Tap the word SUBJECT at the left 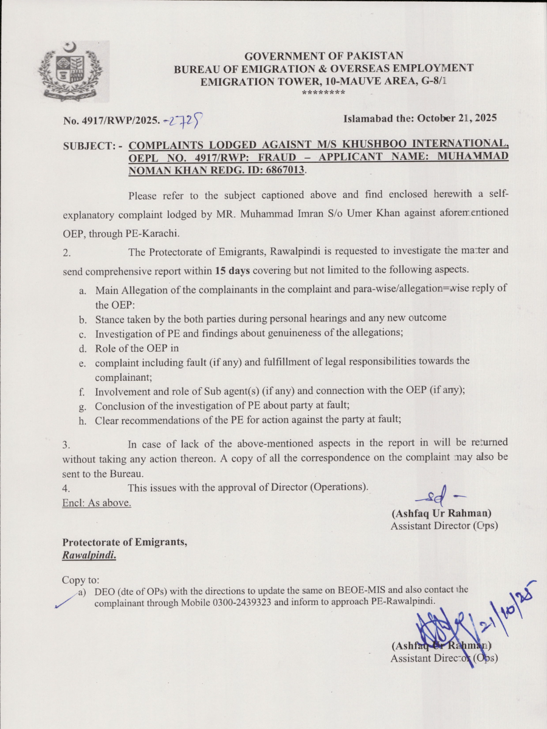coord(88,146)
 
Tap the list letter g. coord(81,406)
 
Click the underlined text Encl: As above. coord(97,502)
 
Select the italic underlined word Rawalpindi coord(89,555)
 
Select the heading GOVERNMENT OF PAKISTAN coord(323,56)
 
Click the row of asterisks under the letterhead coord(323,93)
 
